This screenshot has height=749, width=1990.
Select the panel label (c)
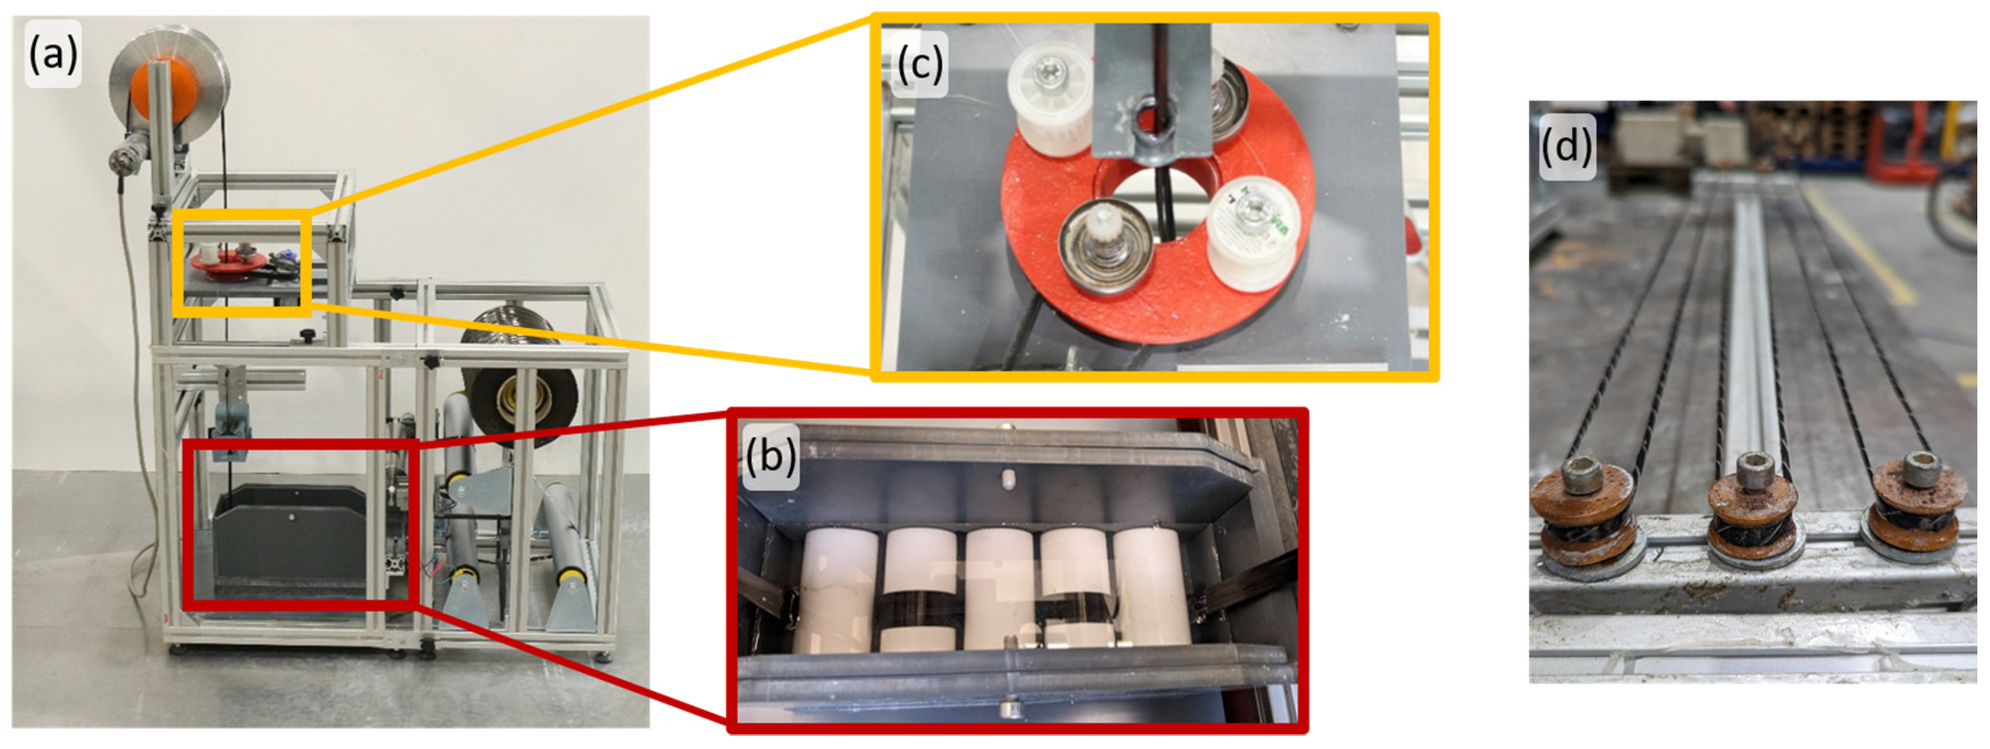point(919,65)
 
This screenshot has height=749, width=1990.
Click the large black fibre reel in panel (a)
point(519,378)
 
